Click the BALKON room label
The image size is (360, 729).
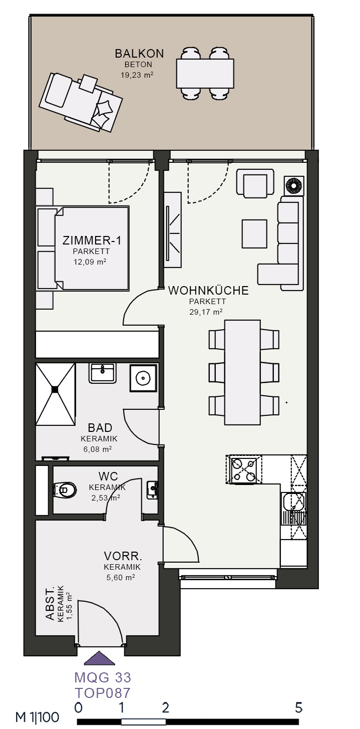pos(139,54)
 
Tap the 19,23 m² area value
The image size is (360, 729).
pos(137,75)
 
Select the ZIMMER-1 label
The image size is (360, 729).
pos(92,240)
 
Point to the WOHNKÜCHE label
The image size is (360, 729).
pos(208,290)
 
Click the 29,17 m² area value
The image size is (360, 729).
pos(206,312)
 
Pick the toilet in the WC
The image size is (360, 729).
pos(65,490)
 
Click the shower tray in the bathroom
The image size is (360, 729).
pos(55,394)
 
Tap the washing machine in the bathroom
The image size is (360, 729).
pos(143,378)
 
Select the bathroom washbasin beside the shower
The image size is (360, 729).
pos(102,373)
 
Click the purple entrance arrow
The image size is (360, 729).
pos(100,658)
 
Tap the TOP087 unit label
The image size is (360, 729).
pos(103,693)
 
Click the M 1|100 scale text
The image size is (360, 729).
pos(38,717)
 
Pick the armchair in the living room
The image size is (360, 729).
pos(255,183)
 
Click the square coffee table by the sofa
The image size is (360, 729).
pos(254,233)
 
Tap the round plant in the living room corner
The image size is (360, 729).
pos(294,186)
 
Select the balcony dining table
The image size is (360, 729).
pos(205,74)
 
